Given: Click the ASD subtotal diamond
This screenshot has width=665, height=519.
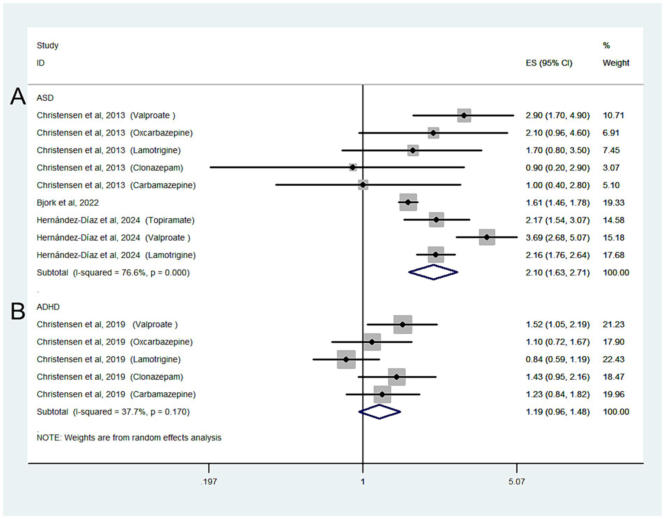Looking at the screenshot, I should click(433, 273).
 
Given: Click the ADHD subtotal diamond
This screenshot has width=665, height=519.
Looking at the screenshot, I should click(380, 412).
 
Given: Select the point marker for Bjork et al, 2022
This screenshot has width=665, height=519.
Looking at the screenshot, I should click(408, 202).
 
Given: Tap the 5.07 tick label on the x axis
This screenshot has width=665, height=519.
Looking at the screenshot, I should click(516, 482).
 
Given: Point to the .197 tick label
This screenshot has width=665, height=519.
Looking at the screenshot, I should click(208, 482).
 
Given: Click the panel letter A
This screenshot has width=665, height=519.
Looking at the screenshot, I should click(18, 96).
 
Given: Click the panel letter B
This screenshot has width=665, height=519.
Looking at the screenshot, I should click(18, 311).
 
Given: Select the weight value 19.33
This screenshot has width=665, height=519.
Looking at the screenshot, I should click(613, 203).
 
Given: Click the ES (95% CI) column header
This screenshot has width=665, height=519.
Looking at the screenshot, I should click(549, 63).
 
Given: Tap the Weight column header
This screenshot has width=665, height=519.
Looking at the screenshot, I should click(616, 63).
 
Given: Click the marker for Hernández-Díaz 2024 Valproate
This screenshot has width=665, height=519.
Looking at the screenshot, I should click(487, 237).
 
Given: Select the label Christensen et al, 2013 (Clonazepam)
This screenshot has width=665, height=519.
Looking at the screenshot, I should click(110, 168).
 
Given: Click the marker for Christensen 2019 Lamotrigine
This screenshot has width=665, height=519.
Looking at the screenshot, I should click(346, 359).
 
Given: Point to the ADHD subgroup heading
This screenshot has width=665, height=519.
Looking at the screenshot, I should click(48, 307).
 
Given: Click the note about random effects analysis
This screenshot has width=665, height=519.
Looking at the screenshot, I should click(129, 438).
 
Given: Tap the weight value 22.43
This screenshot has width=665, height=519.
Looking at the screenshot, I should click(613, 359).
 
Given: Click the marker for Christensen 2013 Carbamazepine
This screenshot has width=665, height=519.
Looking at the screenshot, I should click(363, 185).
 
